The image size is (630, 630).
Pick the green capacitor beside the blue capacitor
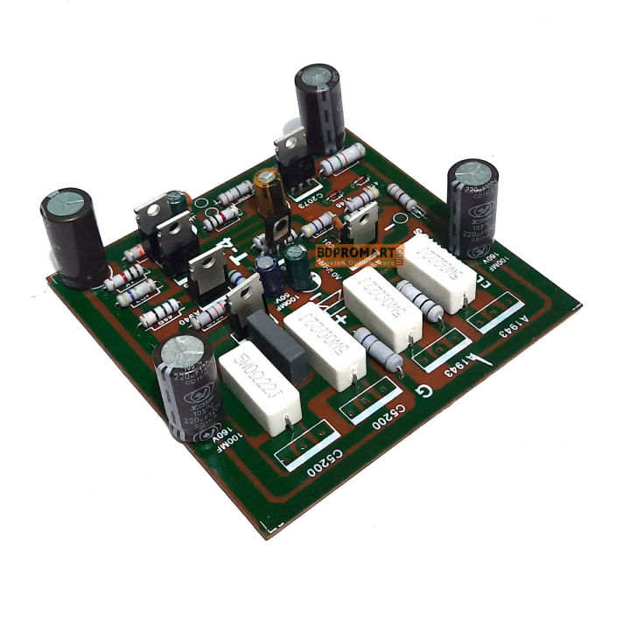(x=299, y=269)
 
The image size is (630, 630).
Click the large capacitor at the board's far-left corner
(x=73, y=238)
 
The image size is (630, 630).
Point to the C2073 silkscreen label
(x=313, y=206)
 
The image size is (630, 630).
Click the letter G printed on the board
(x=423, y=390)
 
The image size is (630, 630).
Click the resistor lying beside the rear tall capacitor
(x=343, y=160)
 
